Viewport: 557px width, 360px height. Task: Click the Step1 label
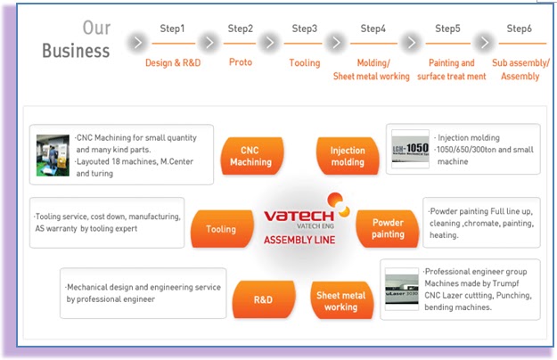click(x=172, y=29)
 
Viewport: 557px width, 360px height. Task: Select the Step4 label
click(x=373, y=29)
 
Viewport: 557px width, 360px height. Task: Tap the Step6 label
click(x=520, y=29)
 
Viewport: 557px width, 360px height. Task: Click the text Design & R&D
click(x=172, y=62)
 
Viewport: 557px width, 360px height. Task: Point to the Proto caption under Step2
click(x=240, y=62)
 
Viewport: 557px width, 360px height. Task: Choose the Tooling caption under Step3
click(x=304, y=62)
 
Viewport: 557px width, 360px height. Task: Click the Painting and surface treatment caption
click(x=452, y=70)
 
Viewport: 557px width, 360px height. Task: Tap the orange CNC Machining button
click(x=250, y=156)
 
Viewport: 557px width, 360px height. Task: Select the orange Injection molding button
click(x=348, y=156)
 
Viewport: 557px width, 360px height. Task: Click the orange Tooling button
click(x=221, y=229)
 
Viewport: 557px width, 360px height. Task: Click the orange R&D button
click(x=263, y=299)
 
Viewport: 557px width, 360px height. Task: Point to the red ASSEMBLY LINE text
click(x=299, y=240)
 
